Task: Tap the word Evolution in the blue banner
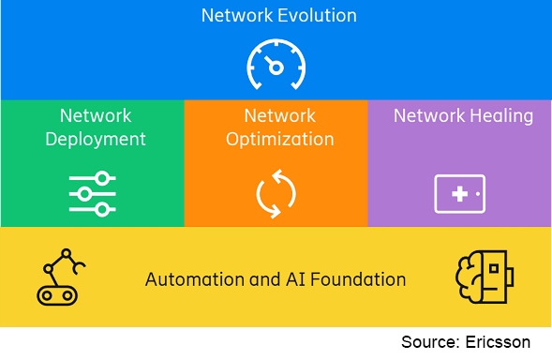[317, 16]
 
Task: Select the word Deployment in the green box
[96, 140]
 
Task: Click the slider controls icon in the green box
[92, 194]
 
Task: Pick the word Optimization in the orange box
[280, 140]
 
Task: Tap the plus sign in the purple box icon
[459, 194]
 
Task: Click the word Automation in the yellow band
[195, 279]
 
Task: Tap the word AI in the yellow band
[295, 279]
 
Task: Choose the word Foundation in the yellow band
[358, 279]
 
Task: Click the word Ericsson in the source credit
[498, 342]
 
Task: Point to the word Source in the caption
[431, 342]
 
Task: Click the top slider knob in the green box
[102, 178]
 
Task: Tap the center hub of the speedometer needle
[276, 67]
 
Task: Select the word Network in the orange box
[280, 116]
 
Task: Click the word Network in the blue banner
[237, 16]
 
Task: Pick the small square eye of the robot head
[494, 268]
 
